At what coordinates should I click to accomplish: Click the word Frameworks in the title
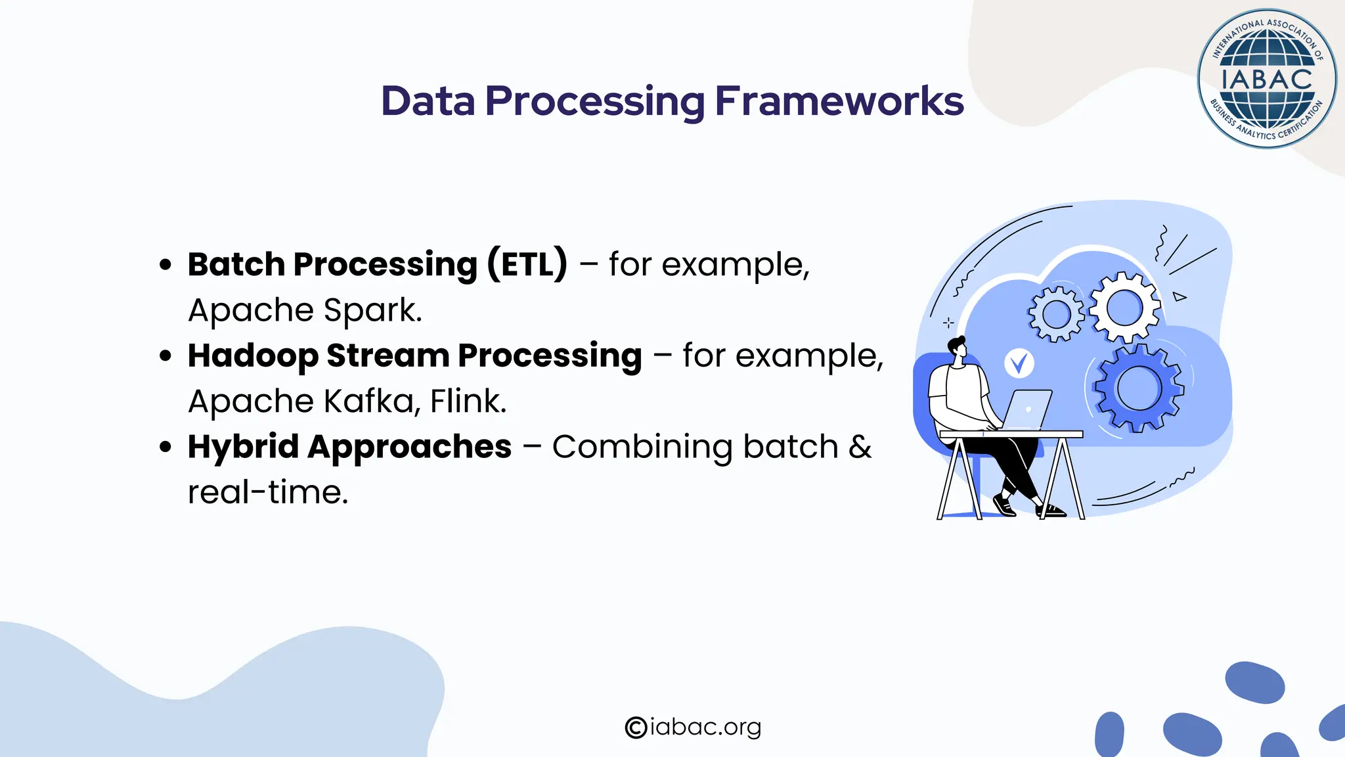click(x=839, y=101)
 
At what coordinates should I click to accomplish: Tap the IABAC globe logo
click(x=1266, y=80)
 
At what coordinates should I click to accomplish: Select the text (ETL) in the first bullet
click(x=527, y=264)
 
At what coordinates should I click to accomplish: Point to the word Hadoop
click(x=253, y=356)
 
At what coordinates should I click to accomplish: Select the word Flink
click(x=468, y=401)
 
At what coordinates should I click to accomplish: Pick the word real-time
click(x=267, y=492)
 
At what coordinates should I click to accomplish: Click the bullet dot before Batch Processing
click(x=165, y=265)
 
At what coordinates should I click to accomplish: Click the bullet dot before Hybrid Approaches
click(x=165, y=447)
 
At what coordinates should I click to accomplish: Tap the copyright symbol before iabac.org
click(x=636, y=727)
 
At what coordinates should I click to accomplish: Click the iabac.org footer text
click(x=705, y=727)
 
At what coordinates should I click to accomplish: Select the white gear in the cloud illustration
click(x=1124, y=307)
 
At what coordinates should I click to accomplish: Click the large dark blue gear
click(x=1139, y=388)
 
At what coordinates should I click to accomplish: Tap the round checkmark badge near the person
click(x=1019, y=363)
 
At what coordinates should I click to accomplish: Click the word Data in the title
click(x=428, y=101)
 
